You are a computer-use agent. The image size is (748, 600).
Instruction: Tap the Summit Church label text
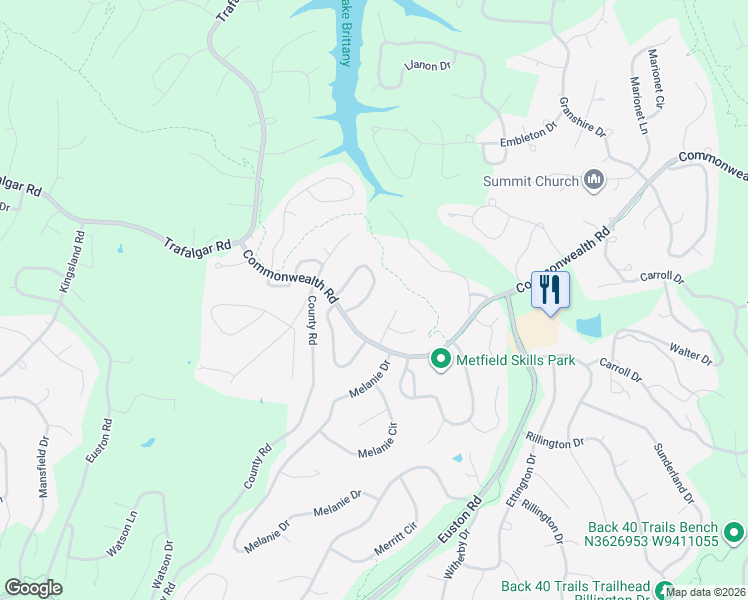pos(531,181)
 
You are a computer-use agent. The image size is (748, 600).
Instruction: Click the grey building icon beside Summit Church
pos(595,180)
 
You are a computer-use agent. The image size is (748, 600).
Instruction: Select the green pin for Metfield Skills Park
pos(439,360)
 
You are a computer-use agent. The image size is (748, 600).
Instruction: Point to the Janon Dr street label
pos(428,66)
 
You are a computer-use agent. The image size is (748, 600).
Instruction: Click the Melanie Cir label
pos(378,440)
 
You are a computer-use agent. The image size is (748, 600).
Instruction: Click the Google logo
pos(33,588)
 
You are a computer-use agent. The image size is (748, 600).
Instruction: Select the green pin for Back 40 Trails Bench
pos(733,532)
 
